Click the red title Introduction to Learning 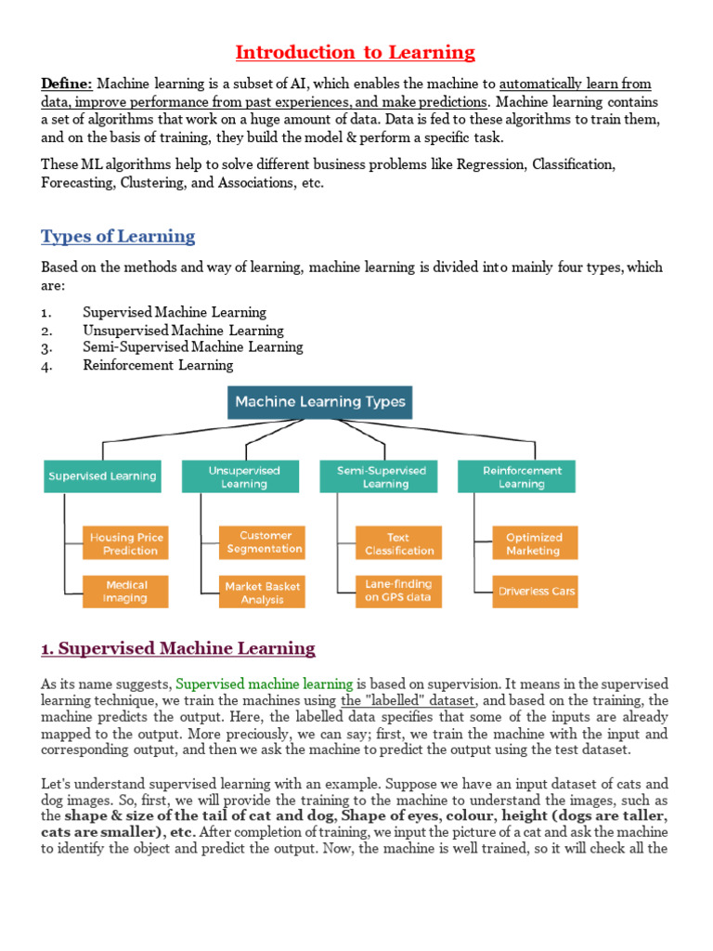coord(355,52)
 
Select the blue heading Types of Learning coord(118,236)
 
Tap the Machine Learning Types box coord(319,402)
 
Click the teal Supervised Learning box coord(103,476)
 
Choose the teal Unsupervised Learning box coord(241,476)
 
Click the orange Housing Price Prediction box coord(125,543)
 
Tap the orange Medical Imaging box coord(125,592)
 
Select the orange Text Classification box coord(398,543)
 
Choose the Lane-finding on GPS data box coord(398,592)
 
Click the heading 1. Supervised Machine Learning coord(178,648)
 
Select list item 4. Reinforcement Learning coord(158,365)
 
